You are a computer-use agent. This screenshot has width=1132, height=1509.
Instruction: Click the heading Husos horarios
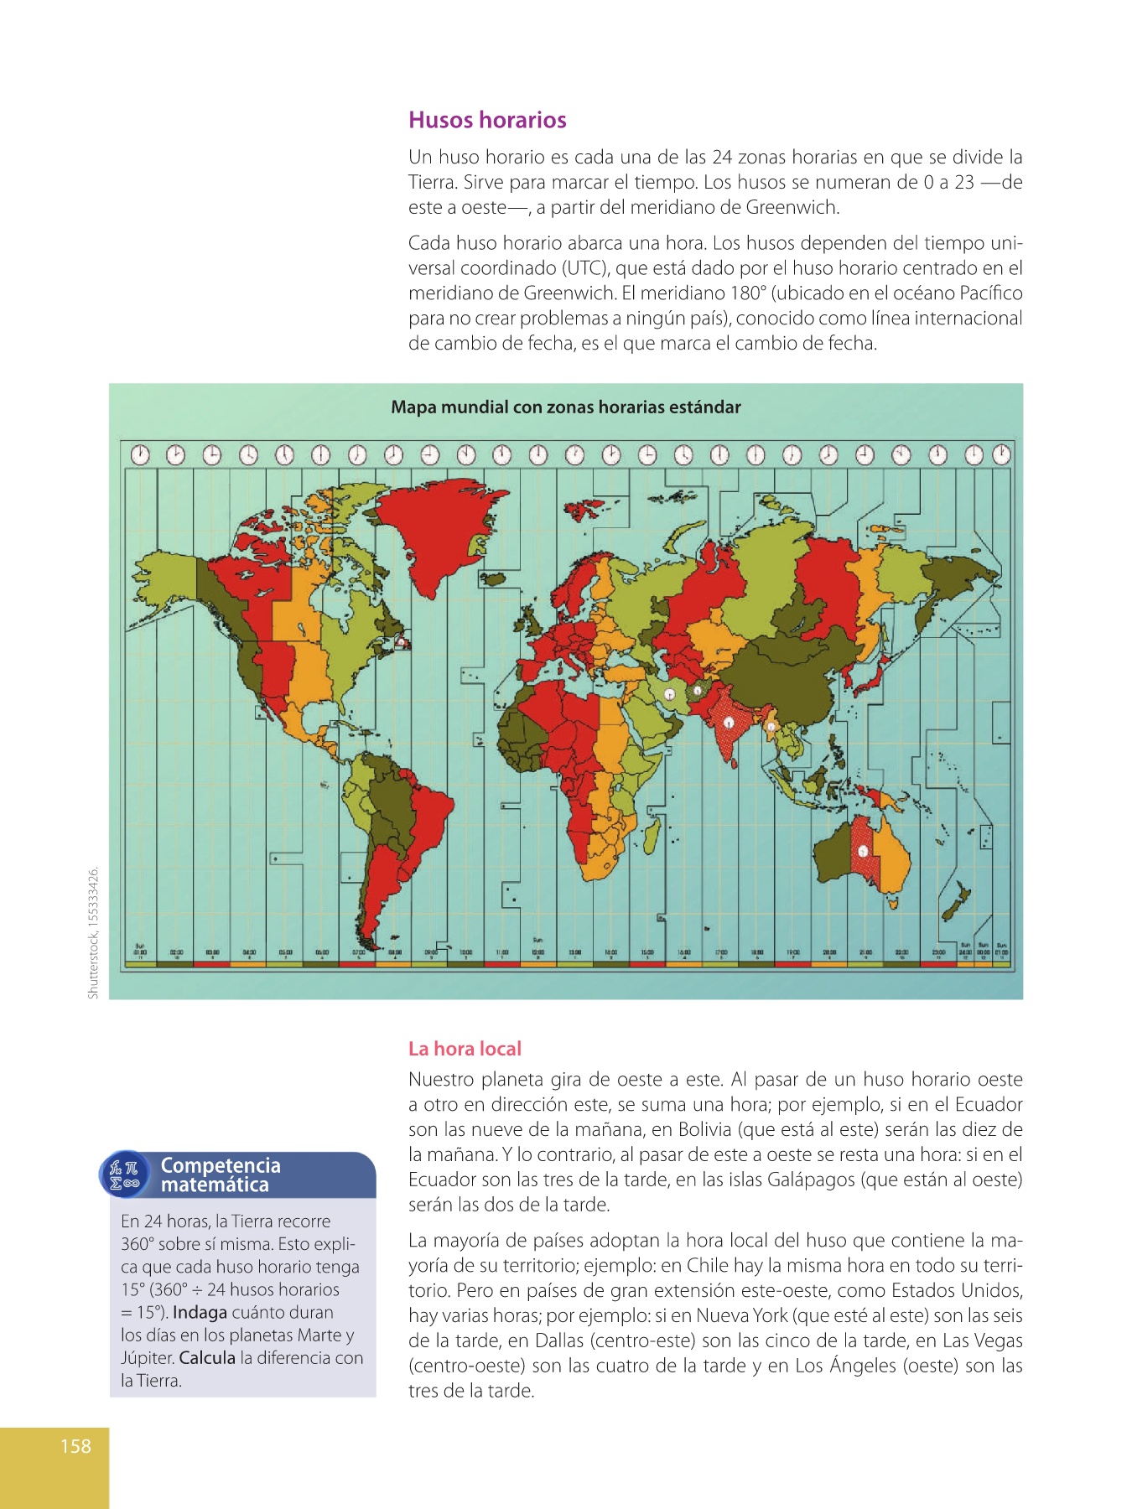coord(487,120)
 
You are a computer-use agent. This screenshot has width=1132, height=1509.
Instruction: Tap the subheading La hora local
coord(465,1049)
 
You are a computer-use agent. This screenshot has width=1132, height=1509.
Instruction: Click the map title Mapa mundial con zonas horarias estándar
coord(566,407)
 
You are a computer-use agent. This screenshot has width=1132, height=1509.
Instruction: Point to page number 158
coord(75,1445)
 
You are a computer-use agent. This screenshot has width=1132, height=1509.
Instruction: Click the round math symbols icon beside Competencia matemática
coord(125,1175)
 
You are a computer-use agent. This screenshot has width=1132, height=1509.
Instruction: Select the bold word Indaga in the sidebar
coord(200,1312)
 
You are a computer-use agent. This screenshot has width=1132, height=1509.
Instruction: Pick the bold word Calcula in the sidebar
coord(207,1357)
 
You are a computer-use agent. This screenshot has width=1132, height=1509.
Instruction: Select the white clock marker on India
coord(730,719)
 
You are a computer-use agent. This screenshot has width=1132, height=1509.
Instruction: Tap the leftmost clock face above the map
coord(140,454)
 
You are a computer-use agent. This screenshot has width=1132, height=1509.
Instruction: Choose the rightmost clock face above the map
coord(1001,454)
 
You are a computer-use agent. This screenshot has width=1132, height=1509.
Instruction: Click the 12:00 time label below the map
coord(538,953)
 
